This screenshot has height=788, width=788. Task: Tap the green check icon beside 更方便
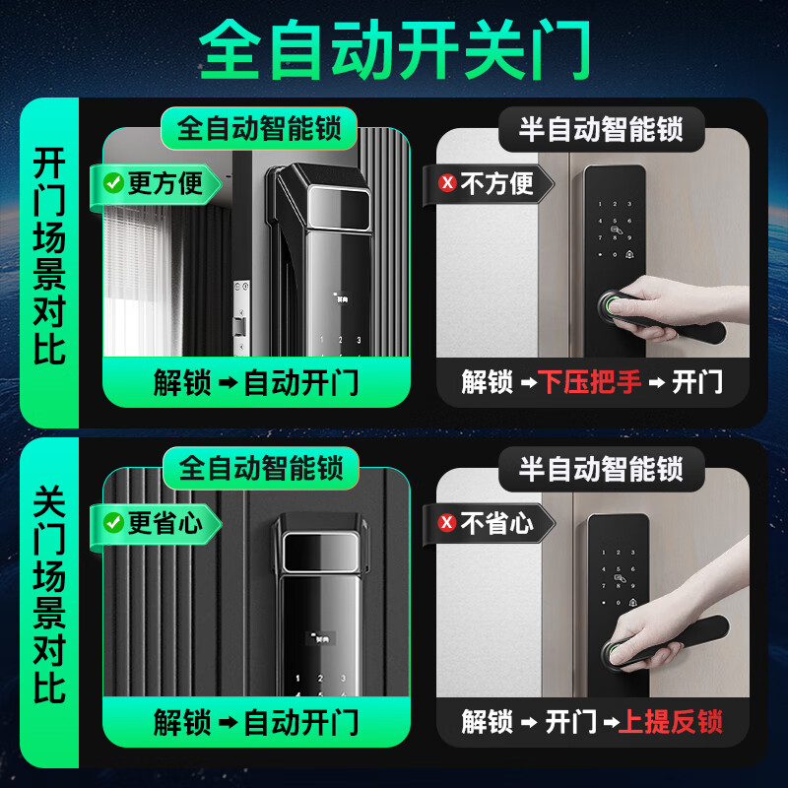[113, 182]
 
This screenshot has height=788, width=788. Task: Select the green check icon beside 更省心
[113, 522]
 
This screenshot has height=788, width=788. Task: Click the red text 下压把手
[589, 382]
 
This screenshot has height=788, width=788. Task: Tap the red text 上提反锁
[670, 722]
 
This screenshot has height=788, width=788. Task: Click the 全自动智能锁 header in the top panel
[260, 129]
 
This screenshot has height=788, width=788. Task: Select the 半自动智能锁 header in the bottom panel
[601, 469]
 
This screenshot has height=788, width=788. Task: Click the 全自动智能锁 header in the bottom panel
[260, 469]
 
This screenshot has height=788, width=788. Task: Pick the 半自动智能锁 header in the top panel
[601, 129]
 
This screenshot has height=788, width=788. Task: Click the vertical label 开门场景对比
[49, 256]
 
